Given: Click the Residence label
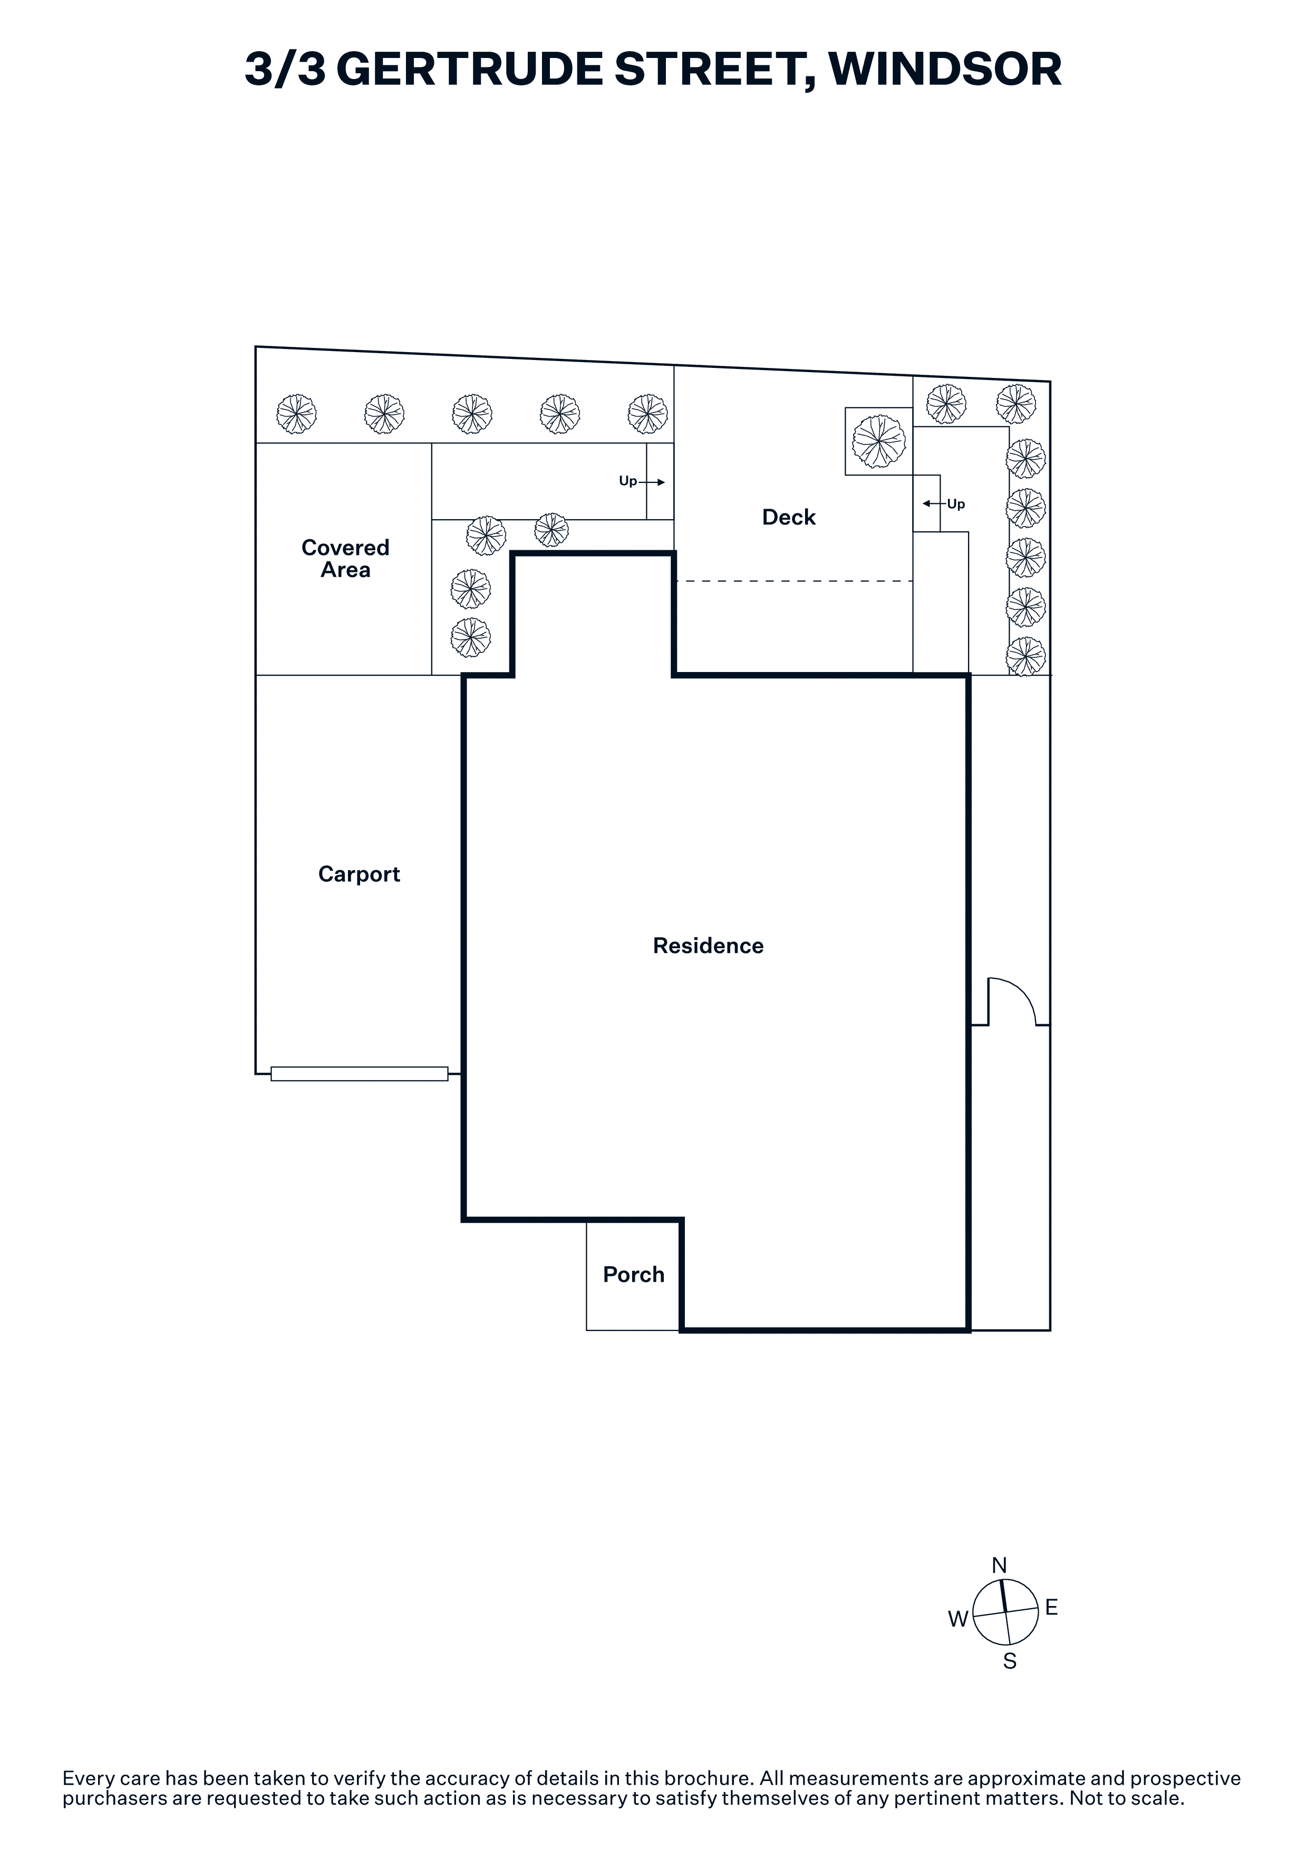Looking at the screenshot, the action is pos(708,946).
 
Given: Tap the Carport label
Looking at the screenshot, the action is pos(359,874).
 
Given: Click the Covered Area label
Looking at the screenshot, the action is pos(345,558).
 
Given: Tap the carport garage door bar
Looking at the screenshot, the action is pos(359,1074).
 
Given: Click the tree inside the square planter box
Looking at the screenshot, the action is pos(878,441).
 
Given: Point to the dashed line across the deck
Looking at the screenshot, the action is pos(794,581).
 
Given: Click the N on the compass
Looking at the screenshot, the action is pos(1000,1565).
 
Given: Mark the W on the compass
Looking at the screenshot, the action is pos(957,1619).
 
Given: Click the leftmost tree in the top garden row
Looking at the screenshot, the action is pos(296,414).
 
